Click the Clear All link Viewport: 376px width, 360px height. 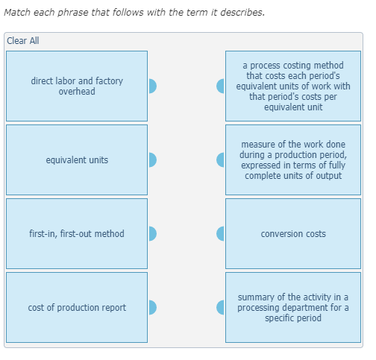23,41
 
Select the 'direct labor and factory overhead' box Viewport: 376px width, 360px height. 77,86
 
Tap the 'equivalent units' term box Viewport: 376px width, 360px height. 77,160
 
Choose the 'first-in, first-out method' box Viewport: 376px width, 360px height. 77,234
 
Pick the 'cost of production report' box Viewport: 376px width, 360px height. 77,308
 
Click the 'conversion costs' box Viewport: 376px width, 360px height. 293,234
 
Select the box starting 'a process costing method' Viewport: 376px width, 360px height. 293,86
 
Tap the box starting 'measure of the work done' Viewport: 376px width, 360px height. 293,160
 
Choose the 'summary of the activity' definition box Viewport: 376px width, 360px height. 293,308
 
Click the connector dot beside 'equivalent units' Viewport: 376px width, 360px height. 153,160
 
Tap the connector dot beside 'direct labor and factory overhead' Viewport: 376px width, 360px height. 153,86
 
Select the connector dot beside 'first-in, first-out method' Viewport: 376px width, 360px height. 153,234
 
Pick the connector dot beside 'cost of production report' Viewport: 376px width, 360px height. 153,308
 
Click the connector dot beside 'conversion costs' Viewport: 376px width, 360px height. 220,234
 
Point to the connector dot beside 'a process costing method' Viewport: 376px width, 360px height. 220,86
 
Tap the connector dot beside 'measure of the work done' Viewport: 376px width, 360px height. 220,160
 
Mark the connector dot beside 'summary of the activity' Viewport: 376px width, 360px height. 220,308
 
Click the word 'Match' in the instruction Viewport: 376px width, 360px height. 17,12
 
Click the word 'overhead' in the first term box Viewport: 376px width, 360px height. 77,92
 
